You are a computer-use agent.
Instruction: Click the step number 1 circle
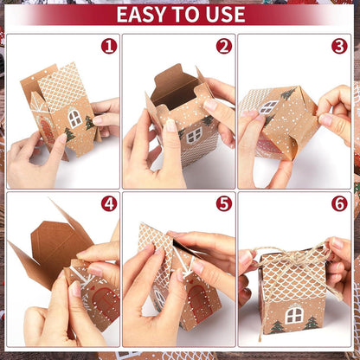click(108, 47)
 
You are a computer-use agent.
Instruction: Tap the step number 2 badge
click(224, 47)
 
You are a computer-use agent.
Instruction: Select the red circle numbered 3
click(339, 47)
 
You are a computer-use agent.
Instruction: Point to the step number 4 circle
click(108, 203)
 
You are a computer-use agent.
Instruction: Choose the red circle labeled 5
click(224, 203)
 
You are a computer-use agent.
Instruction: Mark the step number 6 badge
click(339, 203)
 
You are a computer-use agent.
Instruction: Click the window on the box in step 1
click(75, 118)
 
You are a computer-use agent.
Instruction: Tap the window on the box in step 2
click(194, 134)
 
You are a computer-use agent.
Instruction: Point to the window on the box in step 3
click(269, 106)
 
